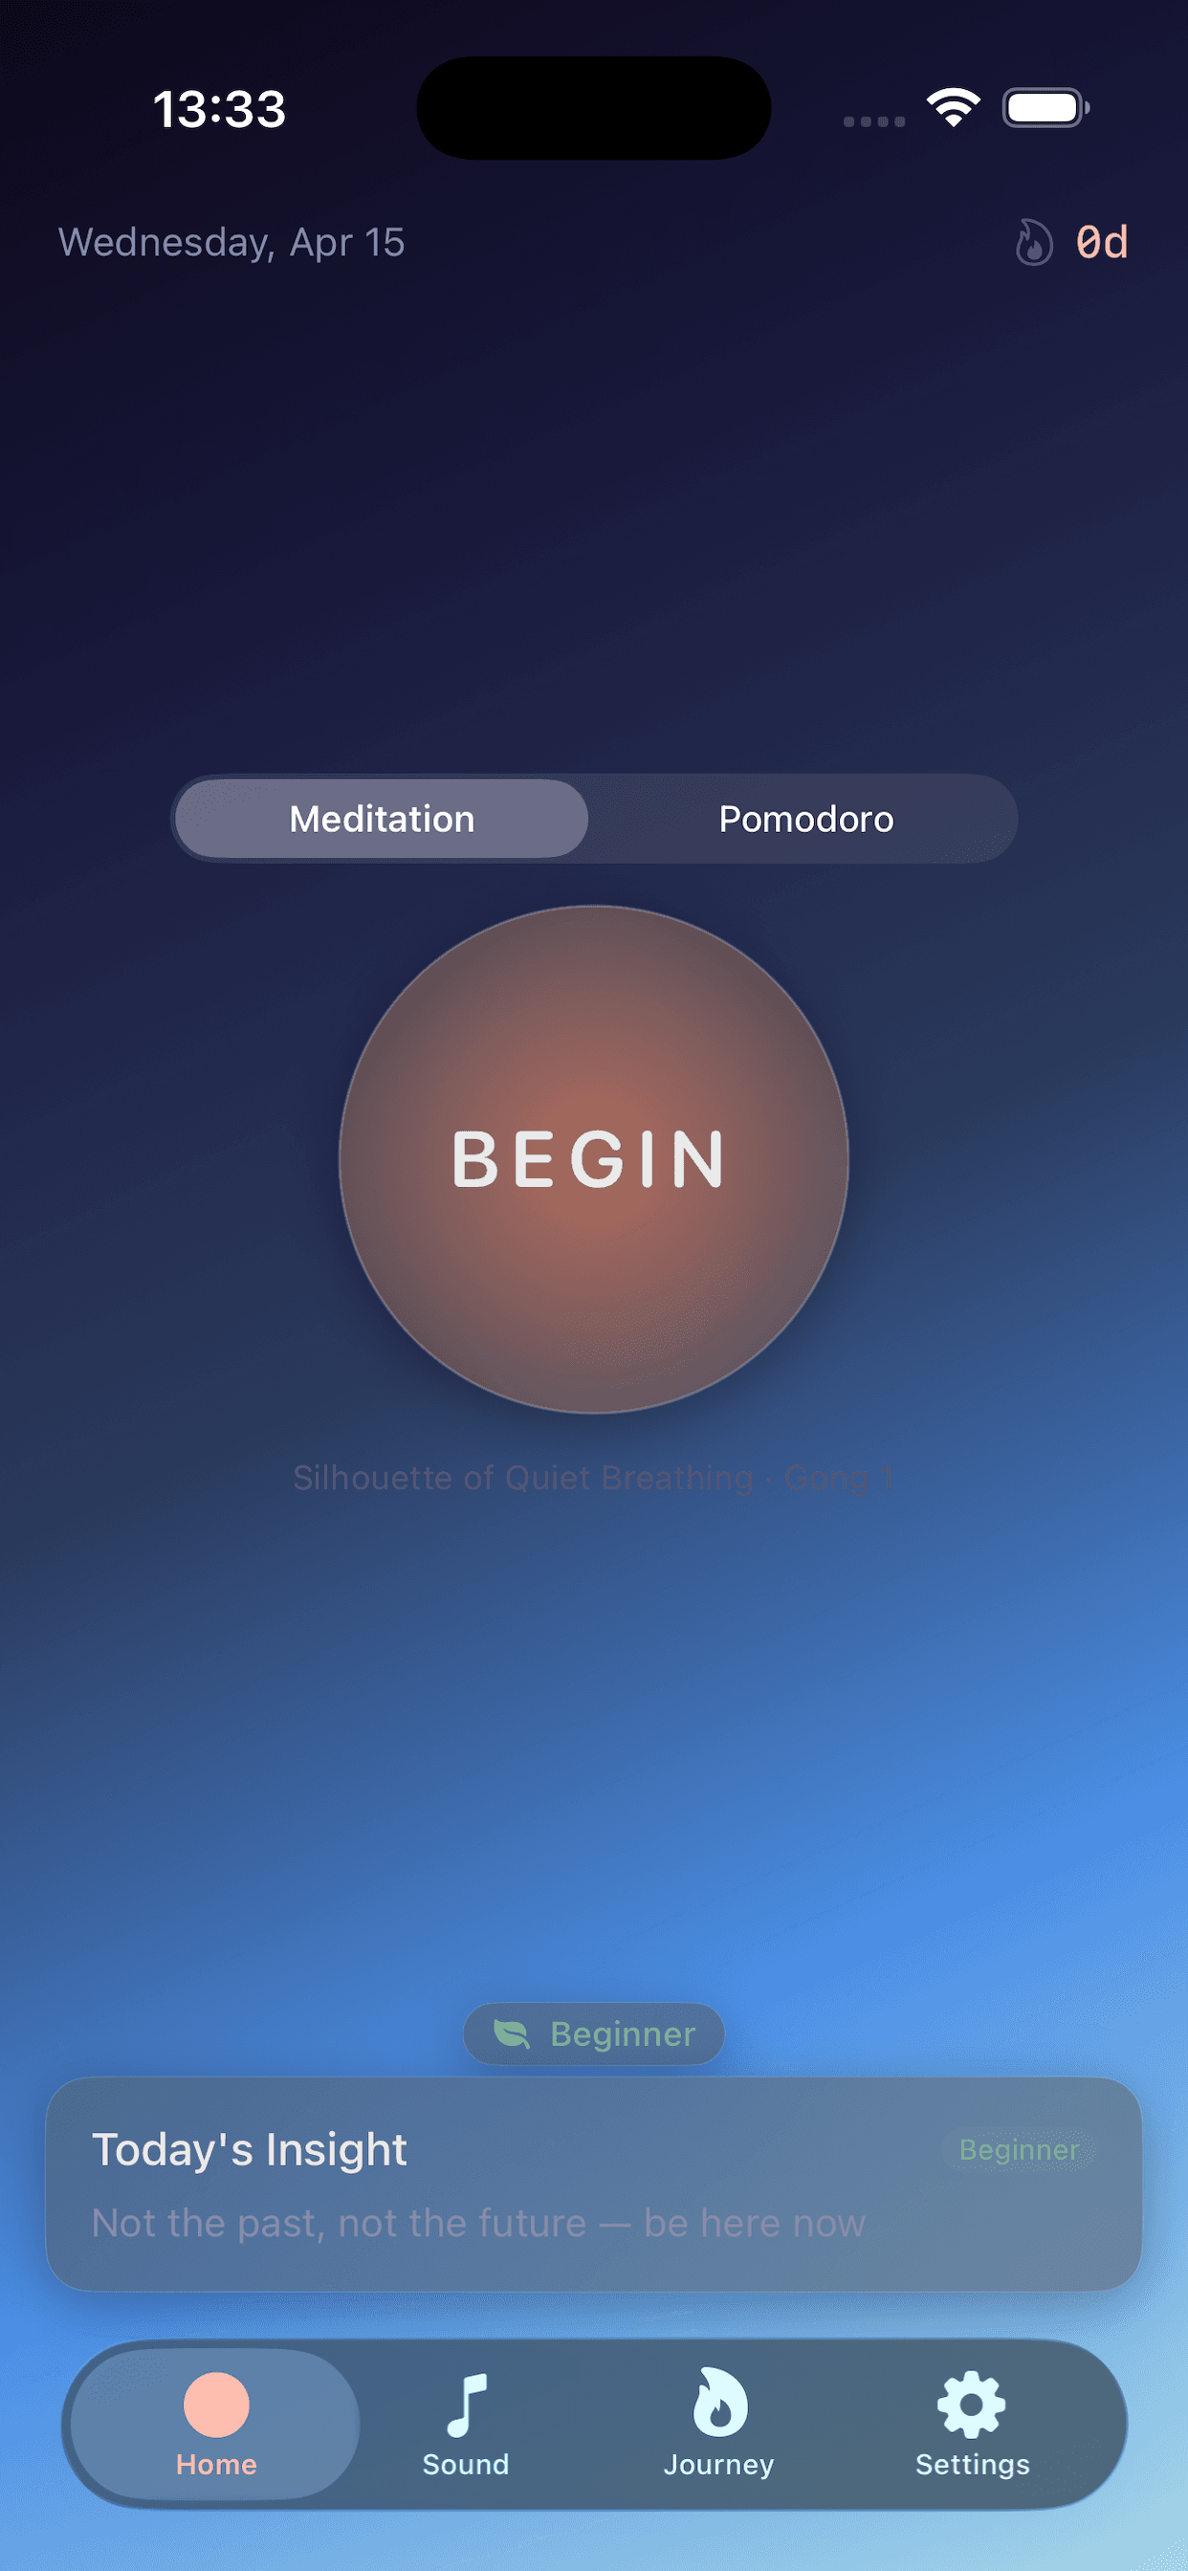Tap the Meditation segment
pos(382,819)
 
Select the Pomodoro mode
pos(805,819)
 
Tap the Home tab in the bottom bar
pos(215,2424)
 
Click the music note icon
pos(466,2404)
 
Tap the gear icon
pos(972,2404)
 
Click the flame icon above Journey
pos(720,2402)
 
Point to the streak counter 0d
pos(1101,243)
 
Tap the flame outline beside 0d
pos(1033,243)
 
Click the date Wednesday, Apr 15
pos(231,243)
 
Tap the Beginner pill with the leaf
pos(594,2033)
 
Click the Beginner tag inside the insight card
pos(1019,2149)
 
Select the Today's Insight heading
pos(250,2149)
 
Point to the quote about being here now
pos(479,2223)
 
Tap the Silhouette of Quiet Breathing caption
pos(593,1477)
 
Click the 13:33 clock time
pos(220,109)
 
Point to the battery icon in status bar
pos(1045,108)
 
